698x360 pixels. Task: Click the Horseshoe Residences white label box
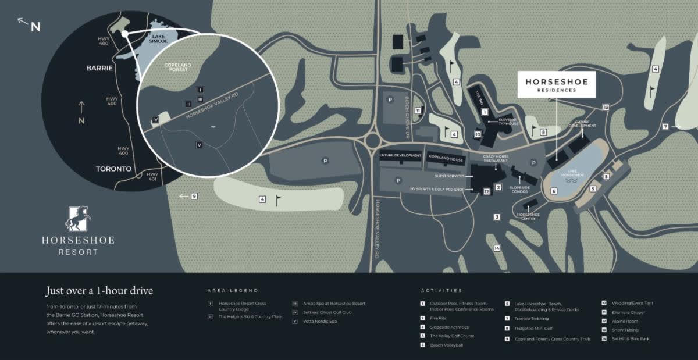557,85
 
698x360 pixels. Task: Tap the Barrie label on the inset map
99,67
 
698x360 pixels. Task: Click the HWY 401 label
153,177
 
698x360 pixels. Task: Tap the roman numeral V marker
200,145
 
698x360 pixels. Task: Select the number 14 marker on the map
497,248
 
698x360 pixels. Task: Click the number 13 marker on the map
606,107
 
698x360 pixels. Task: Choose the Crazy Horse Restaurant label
496,159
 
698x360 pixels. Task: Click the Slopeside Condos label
519,189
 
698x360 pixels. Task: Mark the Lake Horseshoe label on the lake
569,174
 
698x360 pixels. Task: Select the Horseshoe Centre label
528,216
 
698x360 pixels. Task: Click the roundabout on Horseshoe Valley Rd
373,141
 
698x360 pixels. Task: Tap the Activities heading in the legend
441,290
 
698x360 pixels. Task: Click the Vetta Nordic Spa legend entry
320,321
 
